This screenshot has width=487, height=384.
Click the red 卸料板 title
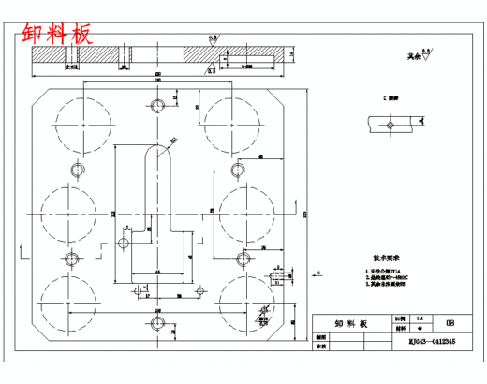(57, 35)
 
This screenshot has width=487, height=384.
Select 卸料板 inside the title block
(350, 322)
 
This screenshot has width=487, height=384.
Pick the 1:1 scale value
(404, 318)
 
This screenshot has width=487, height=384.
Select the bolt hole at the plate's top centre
(156, 105)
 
